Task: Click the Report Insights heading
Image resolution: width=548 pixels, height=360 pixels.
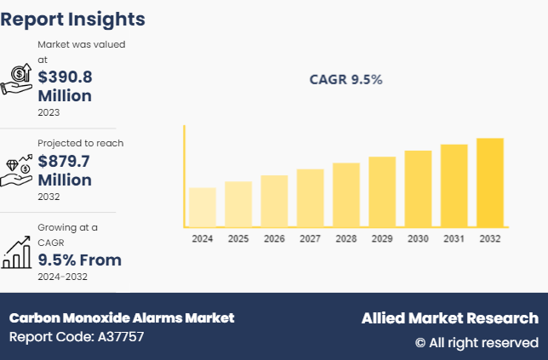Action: [72, 19]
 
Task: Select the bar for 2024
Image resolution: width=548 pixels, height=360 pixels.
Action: [203, 207]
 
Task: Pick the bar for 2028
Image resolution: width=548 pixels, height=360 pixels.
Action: [346, 194]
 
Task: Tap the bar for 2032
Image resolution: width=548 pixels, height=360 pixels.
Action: [490, 182]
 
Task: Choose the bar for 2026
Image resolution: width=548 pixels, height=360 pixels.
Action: [274, 201]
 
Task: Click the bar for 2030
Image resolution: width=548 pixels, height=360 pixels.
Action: [418, 188]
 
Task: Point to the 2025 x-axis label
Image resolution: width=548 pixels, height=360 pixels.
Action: [238, 239]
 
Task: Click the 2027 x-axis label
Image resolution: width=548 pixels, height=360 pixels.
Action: [310, 239]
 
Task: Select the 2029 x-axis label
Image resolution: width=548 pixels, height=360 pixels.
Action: [382, 239]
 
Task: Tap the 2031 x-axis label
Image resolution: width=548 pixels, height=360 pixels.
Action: [454, 239]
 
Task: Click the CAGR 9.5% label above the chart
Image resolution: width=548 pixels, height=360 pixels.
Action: [345, 80]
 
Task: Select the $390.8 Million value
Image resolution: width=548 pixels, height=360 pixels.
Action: [65, 86]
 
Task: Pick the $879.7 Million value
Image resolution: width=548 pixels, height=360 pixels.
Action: [65, 170]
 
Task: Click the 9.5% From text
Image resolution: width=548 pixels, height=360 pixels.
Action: [79, 260]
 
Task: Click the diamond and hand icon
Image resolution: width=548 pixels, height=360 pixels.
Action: [18, 170]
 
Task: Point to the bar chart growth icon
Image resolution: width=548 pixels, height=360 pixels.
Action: [18, 252]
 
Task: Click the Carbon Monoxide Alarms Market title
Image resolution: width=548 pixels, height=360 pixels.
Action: [121, 317]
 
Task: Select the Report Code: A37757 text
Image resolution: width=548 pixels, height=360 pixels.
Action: [77, 337]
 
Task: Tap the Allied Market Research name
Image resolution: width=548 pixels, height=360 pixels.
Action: [449, 317]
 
